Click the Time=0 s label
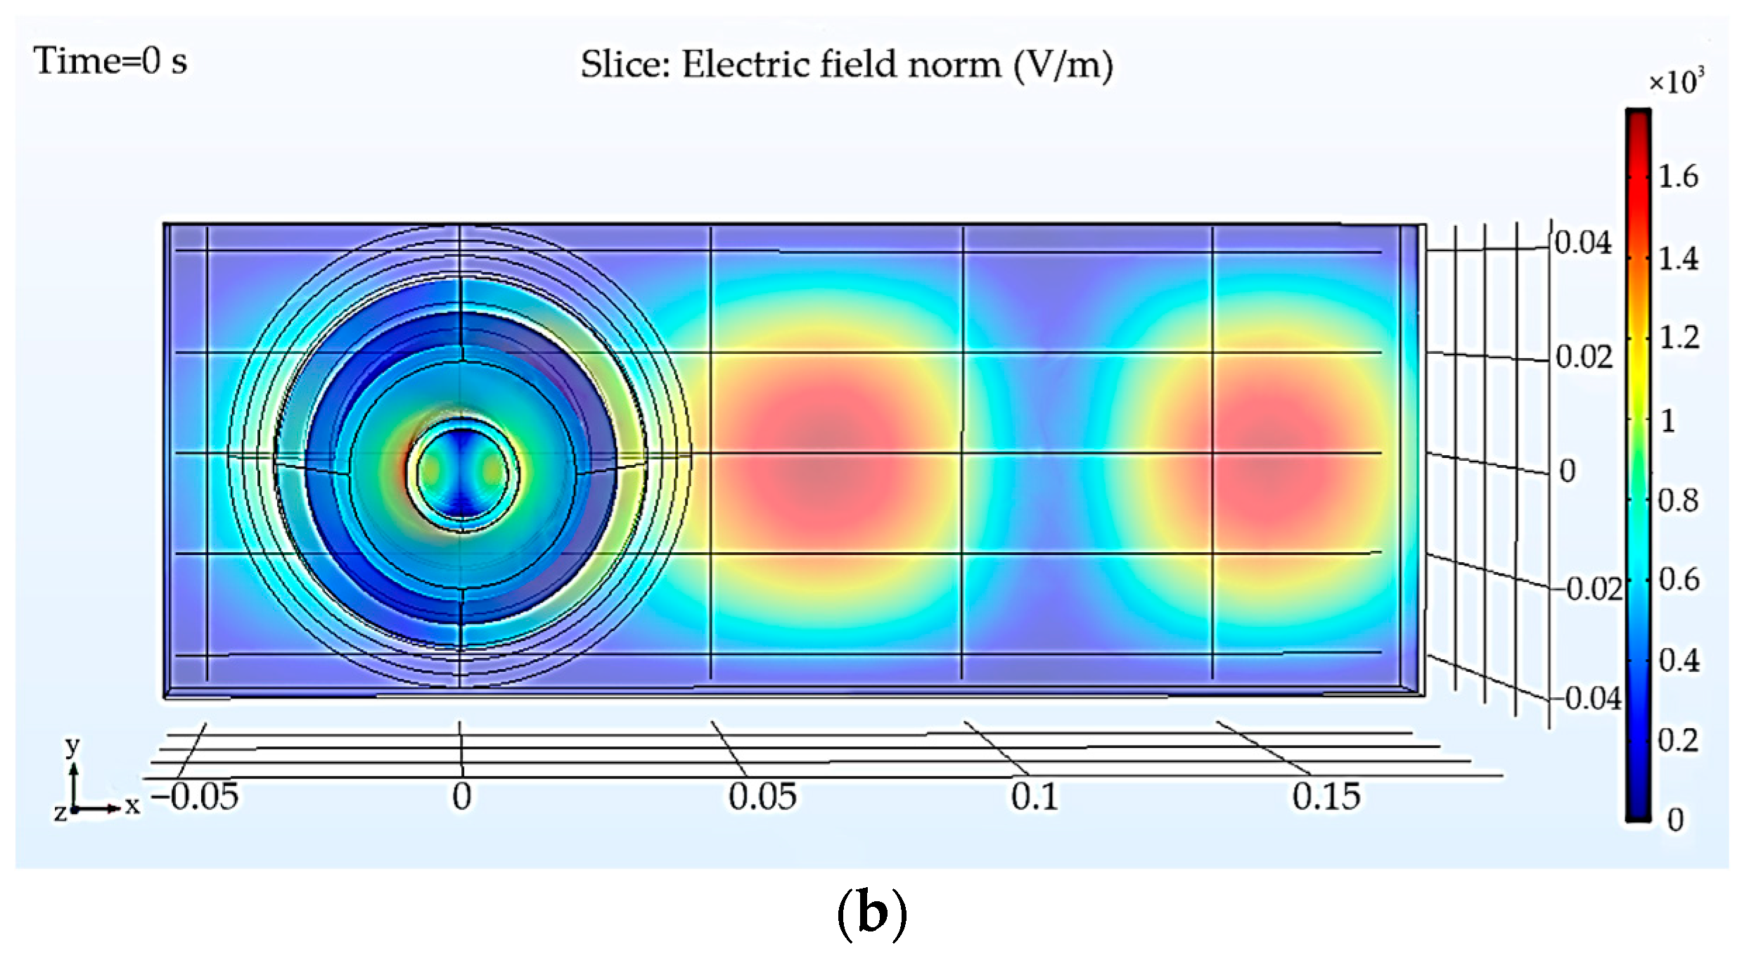[110, 61]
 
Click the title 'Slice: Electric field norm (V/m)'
[846, 65]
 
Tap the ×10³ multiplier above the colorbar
[1676, 82]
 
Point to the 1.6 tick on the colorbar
[1678, 177]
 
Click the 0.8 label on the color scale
[1678, 501]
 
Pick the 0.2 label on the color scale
[1678, 741]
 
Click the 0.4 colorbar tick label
[1679, 661]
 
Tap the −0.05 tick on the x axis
[196, 797]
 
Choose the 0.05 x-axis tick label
[762, 797]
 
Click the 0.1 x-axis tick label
[1035, 797]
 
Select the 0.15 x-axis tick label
[1326, 797]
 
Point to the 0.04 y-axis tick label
[1582, 243]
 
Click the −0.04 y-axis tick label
[1592, 699]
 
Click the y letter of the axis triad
[72, 746]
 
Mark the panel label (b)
[871, 913]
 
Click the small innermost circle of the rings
[462, 473]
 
